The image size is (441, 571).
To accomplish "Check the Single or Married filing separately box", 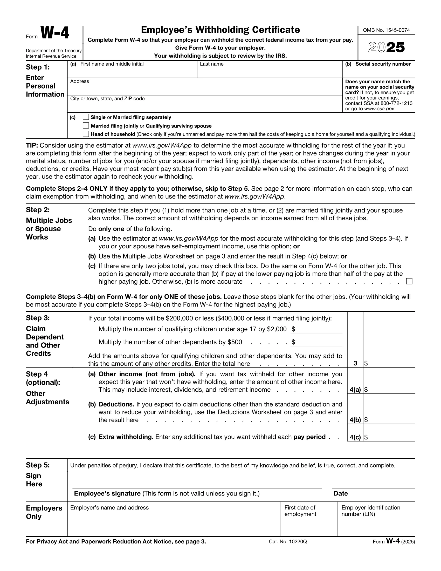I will tap(86, 117).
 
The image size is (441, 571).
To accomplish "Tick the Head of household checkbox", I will tap(86, 134).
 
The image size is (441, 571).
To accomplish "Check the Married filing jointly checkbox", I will tap(86, 126).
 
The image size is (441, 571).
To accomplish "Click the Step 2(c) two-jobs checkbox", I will tap(409, 281).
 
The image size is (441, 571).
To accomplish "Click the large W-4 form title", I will tap(55, 34).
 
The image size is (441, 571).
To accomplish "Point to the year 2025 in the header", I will tap(387, 47).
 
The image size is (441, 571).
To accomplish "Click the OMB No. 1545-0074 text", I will tap(387, 30).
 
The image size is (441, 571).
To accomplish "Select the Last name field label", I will tap(212, 64).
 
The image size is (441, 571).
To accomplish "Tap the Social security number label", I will tap(383, 64).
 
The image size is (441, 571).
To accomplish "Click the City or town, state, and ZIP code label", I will tap(107, 99).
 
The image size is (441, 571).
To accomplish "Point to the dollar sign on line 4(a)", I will tap(366, 390).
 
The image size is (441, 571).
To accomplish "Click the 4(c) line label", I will tap(355, 437).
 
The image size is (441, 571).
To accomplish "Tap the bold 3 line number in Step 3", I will tap(355, 363).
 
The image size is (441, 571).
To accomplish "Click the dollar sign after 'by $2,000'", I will tap(293, 329).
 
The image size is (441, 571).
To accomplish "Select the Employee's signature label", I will tap(107, 494).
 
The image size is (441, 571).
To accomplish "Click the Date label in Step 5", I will tap(340, 494).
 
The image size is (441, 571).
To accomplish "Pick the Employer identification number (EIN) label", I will tap(370, 511).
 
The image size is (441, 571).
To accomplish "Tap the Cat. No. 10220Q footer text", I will tap(288, 542).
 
